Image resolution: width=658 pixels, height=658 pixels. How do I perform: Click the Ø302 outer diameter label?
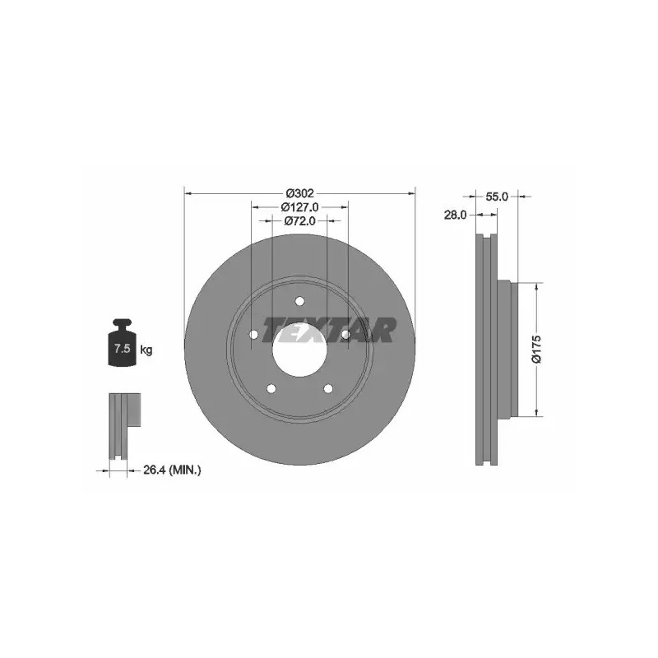pyautogui.click(x=299, y=193)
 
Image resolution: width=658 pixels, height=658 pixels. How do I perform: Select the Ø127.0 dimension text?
pyautogui.click(x=299, y=207)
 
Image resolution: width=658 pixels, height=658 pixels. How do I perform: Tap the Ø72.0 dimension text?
pyautogui.click(x=299, y=220)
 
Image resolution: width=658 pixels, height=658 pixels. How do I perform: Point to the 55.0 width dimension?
pyautogui.click(x=497, y=197)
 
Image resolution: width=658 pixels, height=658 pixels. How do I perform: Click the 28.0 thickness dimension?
pyautogui.click(x=456, y=215)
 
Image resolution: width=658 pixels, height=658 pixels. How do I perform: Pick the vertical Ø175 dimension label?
pyautogui.click(x=536, y=349)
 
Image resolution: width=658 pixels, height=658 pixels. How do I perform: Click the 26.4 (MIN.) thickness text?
pyautogui.click(x=172, y=470)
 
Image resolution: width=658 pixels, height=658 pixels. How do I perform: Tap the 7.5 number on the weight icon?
pyautogui.click(x=122, y=348)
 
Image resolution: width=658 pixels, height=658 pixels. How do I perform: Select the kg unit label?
pyautogui.click(x=146, y=349)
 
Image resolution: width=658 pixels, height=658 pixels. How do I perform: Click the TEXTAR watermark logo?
pyautogui.click(x=328, y=330)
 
